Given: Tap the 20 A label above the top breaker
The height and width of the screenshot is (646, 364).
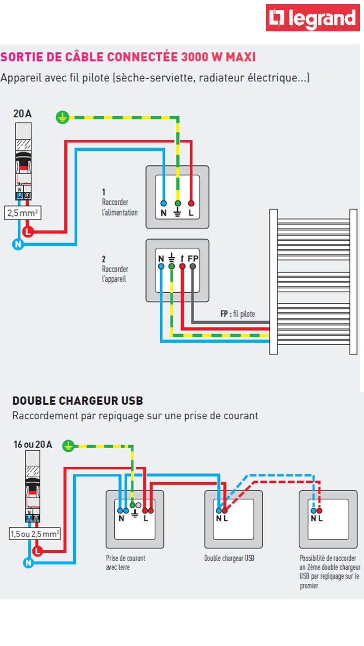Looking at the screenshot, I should pos(22,114).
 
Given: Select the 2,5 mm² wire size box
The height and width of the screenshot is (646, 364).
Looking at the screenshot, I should pos(23,213).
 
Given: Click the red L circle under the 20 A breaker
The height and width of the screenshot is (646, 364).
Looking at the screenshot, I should pos(28,232).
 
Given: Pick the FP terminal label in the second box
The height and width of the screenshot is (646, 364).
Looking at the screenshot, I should pos(193,259).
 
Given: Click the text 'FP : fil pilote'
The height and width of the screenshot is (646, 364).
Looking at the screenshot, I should pos(238,314).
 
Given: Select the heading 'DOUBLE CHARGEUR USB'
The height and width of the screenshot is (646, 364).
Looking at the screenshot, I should pos(78,401).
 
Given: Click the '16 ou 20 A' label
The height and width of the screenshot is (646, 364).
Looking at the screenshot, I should pos(32,445).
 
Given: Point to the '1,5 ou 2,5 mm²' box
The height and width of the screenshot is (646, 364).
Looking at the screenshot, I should pos(35,533).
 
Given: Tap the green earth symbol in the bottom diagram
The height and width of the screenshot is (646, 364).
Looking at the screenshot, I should pos(69,446).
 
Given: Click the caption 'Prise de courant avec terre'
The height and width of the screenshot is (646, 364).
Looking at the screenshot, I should pos(125,563).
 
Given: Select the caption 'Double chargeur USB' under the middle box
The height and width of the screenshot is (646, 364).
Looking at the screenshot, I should pos(229,558).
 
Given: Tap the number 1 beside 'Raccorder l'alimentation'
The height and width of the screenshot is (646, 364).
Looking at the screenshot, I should pos(104,192).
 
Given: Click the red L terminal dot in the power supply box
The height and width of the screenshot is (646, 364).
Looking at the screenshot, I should pos(191,203).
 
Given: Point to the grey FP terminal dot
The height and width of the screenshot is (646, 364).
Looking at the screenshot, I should pos(193,266).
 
